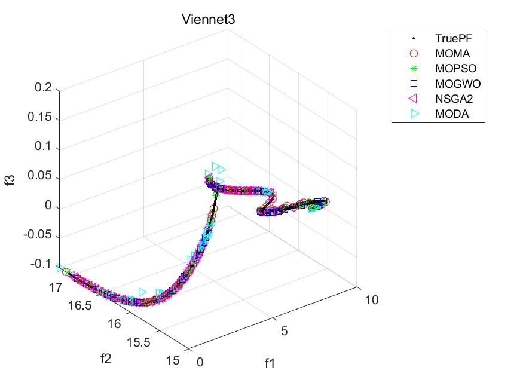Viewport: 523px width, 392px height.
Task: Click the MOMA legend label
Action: point(449,54)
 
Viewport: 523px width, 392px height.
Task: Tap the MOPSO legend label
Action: point(452,69)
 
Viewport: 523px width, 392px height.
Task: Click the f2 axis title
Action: point(106,359)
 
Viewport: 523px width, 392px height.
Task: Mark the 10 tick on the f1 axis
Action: point(372,300)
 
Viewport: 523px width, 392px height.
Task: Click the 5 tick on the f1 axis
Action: point(285,330)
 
